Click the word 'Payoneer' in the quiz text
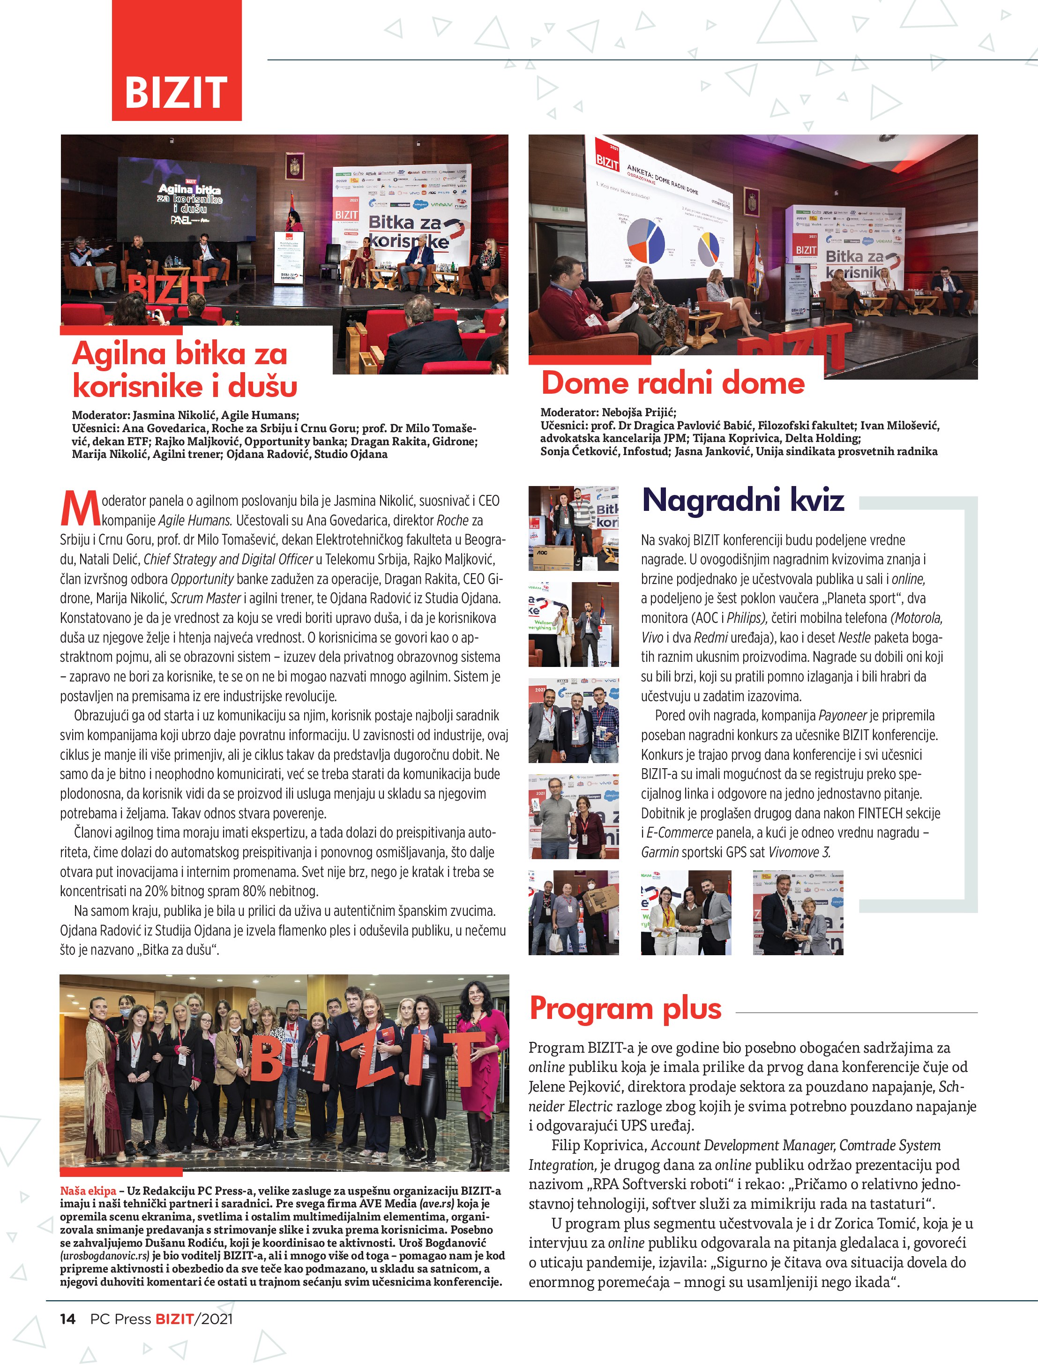(x=842, y=715)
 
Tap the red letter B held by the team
(x=269, y=1061)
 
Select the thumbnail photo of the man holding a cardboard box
(x=574, y=912)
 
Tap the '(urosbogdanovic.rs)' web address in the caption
(x=105, y=1256)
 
